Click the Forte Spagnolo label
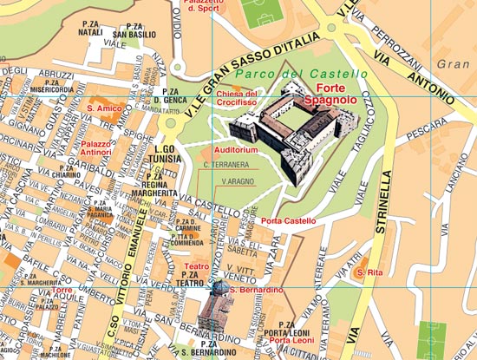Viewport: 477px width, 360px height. tap(338, 95)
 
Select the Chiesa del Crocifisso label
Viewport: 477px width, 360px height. tap(238, 97)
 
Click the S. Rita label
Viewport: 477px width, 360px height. tap(369, 273)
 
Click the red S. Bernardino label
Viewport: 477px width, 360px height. tap(257, 289)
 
